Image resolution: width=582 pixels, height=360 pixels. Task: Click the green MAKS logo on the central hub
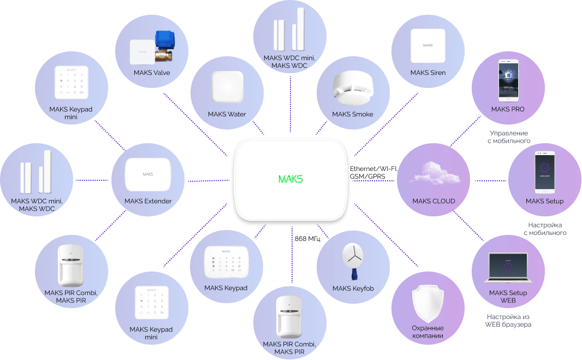(x=290, y=179)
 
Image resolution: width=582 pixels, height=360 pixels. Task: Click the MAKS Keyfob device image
(x=352, y=259)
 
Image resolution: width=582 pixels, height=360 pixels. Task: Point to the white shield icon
(x=427, y=303)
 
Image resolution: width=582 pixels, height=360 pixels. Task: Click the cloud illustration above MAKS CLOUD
(x=433, y=174)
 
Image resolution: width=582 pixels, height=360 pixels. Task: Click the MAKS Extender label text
(x=148, y=201)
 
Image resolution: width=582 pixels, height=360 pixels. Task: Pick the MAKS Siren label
(x=428, y=73)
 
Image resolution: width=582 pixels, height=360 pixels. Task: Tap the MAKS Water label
(x=227, y=114)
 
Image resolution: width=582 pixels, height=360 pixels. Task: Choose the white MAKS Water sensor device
(x=227, y=87)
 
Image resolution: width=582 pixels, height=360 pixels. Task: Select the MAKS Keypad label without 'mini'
(x=226, y=287)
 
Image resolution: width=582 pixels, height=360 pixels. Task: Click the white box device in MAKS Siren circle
(x=428, y=45)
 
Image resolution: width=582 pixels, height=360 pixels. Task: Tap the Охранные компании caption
(x=427, y=332)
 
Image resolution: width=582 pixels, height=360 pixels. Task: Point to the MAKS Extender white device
(x=148, y=174)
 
